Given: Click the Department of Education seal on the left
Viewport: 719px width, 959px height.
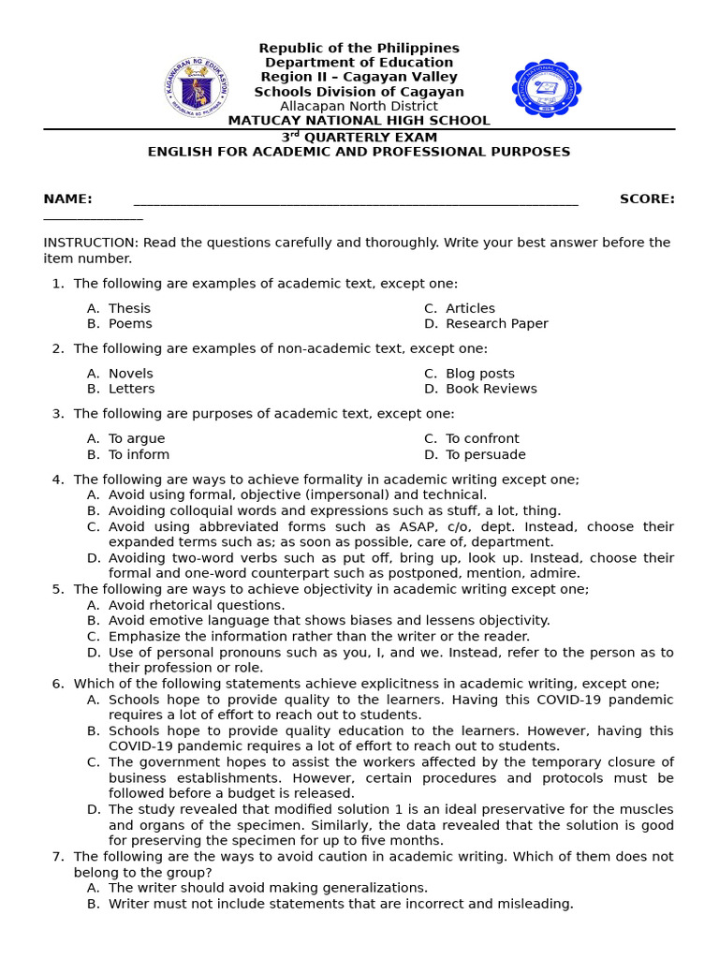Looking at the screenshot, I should click(196, 87).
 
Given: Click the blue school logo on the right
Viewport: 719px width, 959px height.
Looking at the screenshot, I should click(547, 88).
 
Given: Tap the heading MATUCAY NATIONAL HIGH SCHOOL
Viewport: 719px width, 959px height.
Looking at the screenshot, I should click(359, 121).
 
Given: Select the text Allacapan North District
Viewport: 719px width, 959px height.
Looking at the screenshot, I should click(359, 106).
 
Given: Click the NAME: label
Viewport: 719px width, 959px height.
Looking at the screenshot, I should click(67, 199).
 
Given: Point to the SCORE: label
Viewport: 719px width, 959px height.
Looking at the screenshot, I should click(647, 199).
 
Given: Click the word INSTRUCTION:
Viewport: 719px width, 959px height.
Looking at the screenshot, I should click(91, 243).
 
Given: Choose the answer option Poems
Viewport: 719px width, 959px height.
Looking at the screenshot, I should click(130, 324).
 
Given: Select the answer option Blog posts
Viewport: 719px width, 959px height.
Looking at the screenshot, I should click(479, 374).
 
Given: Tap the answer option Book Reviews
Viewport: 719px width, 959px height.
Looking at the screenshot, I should click(491, 389).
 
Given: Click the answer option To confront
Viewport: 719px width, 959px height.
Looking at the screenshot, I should click(482, 438).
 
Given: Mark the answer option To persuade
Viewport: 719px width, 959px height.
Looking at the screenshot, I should click(485, 454).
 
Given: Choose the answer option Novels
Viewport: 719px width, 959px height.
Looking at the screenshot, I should click(130, 374).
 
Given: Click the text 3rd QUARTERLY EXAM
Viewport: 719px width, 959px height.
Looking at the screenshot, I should click(359, 137).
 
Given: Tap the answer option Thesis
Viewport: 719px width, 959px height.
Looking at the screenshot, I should click(129, 308).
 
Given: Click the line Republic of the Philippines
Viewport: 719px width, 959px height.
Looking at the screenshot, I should click(359, 48).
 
